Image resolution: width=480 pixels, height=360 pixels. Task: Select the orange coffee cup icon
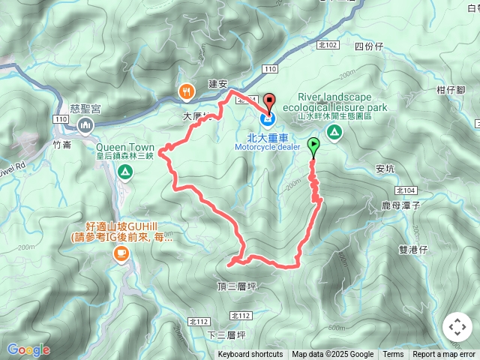(120, 255)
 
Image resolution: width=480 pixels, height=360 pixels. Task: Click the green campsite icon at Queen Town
(124, 172)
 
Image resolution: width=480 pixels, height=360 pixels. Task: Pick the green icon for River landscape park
(334, 133)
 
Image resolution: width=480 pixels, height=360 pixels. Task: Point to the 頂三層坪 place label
(236, 286)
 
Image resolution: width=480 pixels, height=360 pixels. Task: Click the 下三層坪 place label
(227, 334)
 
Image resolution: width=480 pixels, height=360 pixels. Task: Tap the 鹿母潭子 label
(404, 204)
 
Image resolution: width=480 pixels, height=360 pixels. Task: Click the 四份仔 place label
(368, 46)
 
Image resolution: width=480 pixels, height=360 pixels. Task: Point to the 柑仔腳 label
(451, 90)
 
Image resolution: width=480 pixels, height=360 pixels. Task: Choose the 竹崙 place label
(64, 144)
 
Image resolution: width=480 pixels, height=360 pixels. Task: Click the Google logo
(28, 349)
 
